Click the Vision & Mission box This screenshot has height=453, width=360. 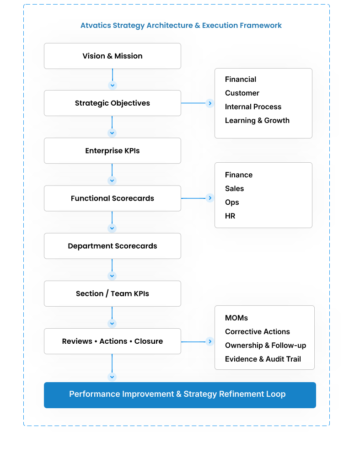tap(112, 56)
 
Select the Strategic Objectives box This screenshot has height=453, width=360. tap(112, 103)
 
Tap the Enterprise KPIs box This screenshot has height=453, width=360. tap(112, 151)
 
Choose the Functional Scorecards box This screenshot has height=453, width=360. tap(112, 198)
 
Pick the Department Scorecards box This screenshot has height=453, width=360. tap(112, 246)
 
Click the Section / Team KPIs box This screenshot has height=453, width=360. tap(112, 293)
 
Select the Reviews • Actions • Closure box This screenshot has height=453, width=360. tap(112, 341)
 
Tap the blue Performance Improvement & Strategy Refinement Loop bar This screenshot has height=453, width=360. tap(179, 394)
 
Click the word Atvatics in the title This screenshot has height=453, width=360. tap(95, 26)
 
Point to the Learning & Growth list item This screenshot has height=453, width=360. tap(257, 121)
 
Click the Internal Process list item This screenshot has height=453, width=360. tap(253, 107)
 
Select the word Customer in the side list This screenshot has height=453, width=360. tap(242, 93)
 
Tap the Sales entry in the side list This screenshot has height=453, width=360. tap(234, 189)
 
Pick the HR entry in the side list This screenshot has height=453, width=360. tap(230, 216)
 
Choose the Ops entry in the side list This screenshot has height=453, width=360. tap(232, 203)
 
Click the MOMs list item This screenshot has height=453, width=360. tap(236, 318)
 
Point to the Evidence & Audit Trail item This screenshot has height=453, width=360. tap(263, 359)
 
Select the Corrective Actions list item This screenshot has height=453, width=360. tap(257, 332)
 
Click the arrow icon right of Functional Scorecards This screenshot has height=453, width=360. tap(210, 198)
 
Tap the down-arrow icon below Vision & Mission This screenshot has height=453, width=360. tap(112, 85)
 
